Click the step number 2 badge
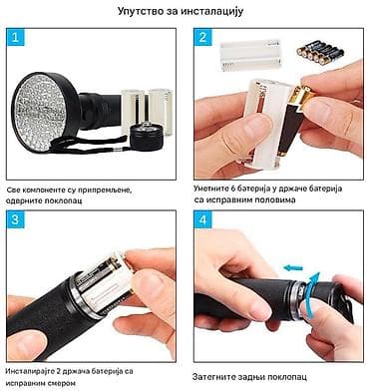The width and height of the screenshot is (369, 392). [x=202, y=40]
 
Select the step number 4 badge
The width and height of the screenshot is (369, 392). [x=202, y=219]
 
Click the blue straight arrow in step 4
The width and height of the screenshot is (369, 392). [x=292, y=266]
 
